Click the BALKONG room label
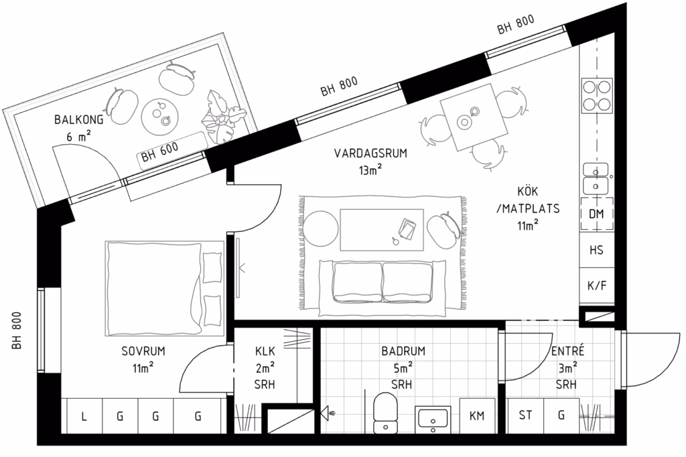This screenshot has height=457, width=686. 79,119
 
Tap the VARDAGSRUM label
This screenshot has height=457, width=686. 370,153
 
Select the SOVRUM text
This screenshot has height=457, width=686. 143,350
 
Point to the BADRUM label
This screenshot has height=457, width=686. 403,350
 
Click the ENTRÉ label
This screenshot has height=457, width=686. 567,350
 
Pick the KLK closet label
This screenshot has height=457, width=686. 265,350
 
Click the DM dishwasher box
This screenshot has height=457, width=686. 597,214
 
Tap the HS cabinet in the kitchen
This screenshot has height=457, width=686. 597,250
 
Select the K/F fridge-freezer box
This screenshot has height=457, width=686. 597,286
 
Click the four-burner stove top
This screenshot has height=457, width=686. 597,95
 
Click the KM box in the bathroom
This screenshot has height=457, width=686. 477,415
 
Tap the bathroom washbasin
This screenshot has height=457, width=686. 433,419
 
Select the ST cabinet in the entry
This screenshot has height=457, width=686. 525,415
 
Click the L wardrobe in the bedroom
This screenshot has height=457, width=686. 84,416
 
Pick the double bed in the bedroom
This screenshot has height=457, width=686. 164,288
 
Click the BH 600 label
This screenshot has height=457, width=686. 160,151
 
